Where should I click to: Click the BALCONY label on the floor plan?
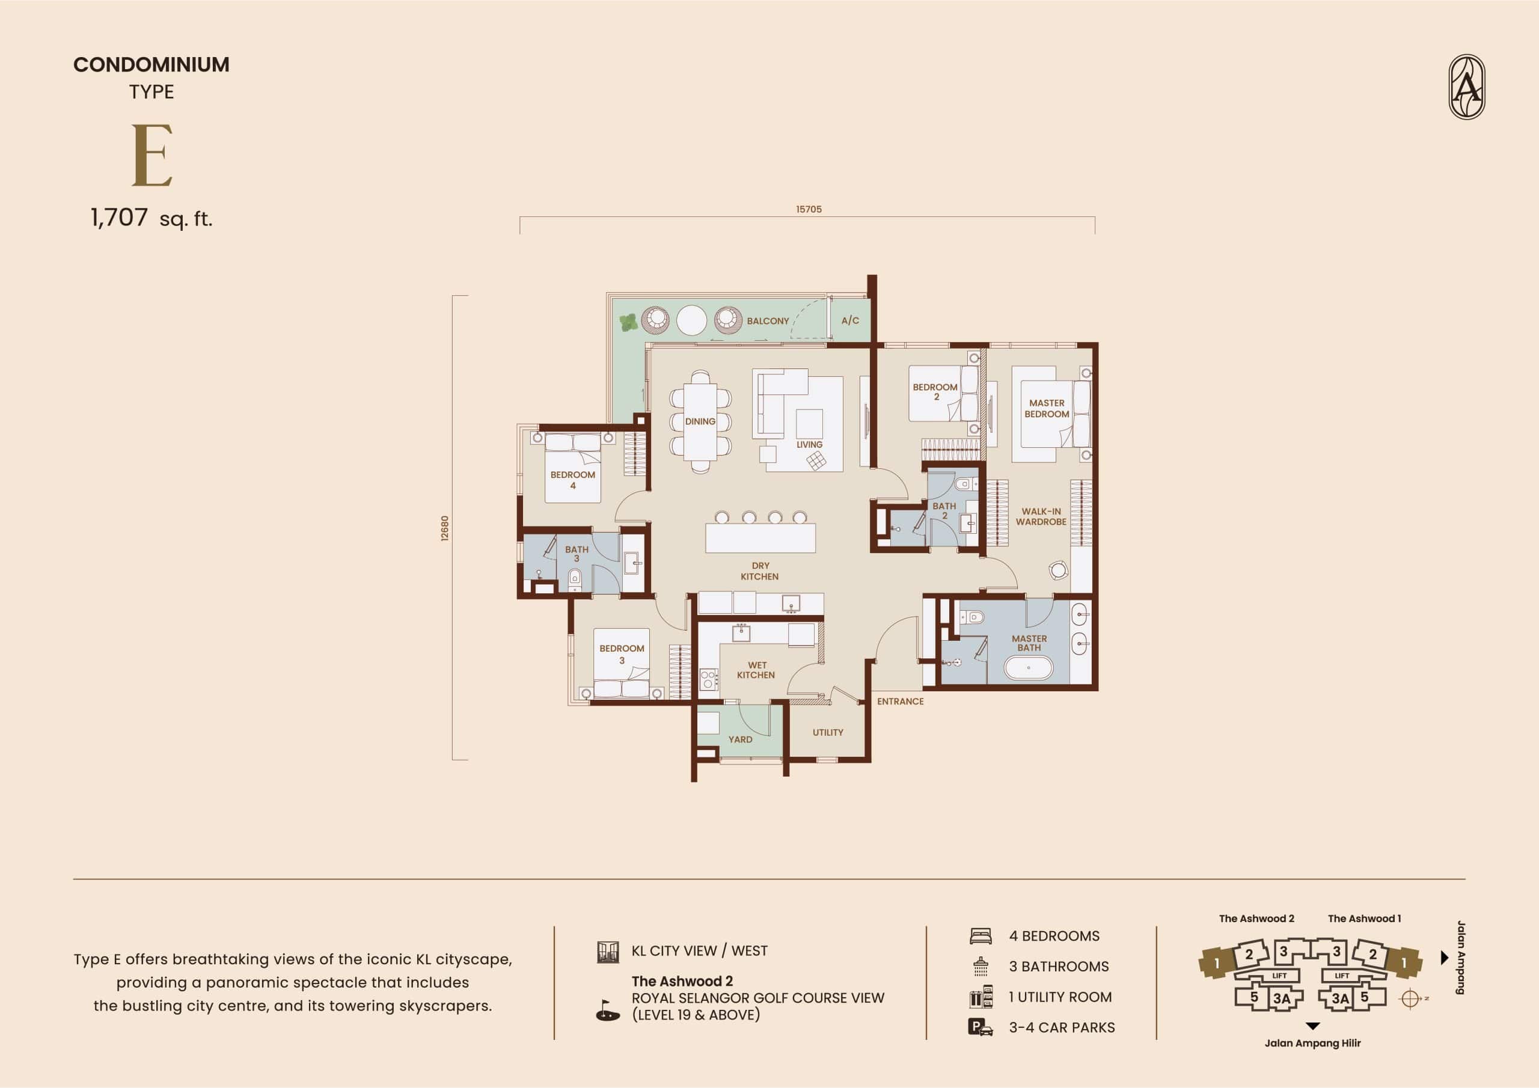768,321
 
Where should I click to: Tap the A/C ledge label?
850,320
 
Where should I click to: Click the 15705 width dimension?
809,209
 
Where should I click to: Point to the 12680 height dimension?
445,528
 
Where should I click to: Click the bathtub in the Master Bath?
1028,668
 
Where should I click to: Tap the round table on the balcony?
692,320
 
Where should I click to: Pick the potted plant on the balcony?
628,323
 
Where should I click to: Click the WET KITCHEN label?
756,670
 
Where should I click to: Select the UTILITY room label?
828,733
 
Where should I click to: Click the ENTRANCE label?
900,701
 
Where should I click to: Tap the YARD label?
740,739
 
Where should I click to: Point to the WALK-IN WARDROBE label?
1041,516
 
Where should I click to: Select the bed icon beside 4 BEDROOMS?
981,936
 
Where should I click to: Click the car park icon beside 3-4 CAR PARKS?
981,1028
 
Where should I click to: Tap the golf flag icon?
608,1011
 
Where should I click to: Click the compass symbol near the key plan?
1410,999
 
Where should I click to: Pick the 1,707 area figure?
119,218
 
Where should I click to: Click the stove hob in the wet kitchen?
709,680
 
